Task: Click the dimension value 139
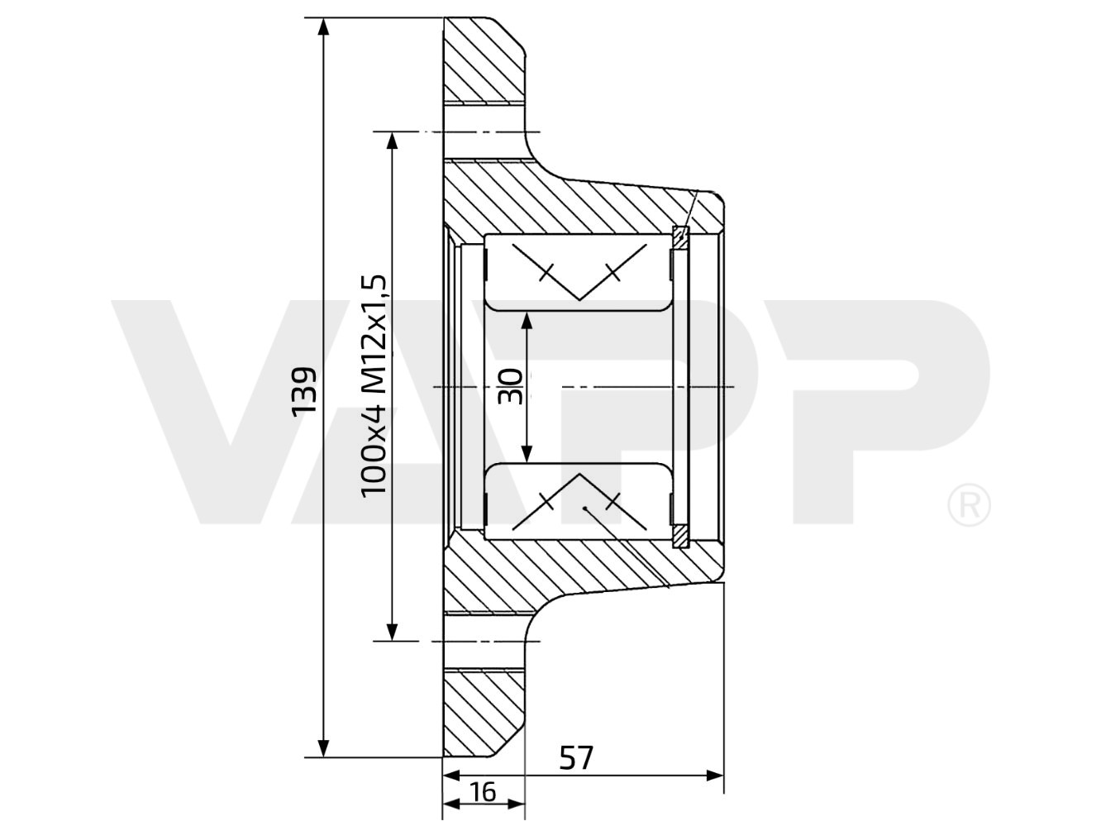303,389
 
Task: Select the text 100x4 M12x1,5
374,385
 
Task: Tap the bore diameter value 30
511,386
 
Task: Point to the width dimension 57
576,757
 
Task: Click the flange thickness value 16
483,792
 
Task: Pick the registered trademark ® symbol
968,505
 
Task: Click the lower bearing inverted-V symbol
579,501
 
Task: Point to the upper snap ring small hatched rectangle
680,236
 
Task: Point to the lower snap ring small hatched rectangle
680,536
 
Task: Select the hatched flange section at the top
484,62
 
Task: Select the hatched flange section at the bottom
484,711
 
